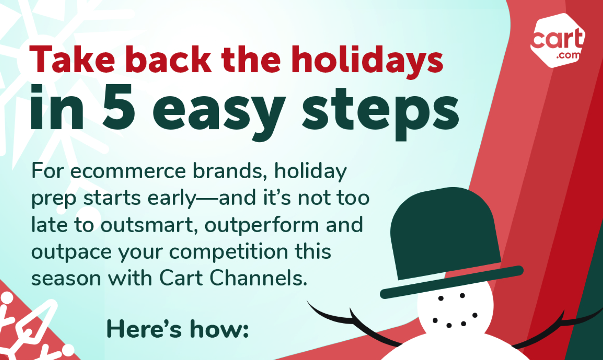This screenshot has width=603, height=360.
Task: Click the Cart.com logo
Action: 558,40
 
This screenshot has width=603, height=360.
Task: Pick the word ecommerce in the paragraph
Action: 128,171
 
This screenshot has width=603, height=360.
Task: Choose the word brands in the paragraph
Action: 227,171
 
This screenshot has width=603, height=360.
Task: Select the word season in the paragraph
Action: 66,279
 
